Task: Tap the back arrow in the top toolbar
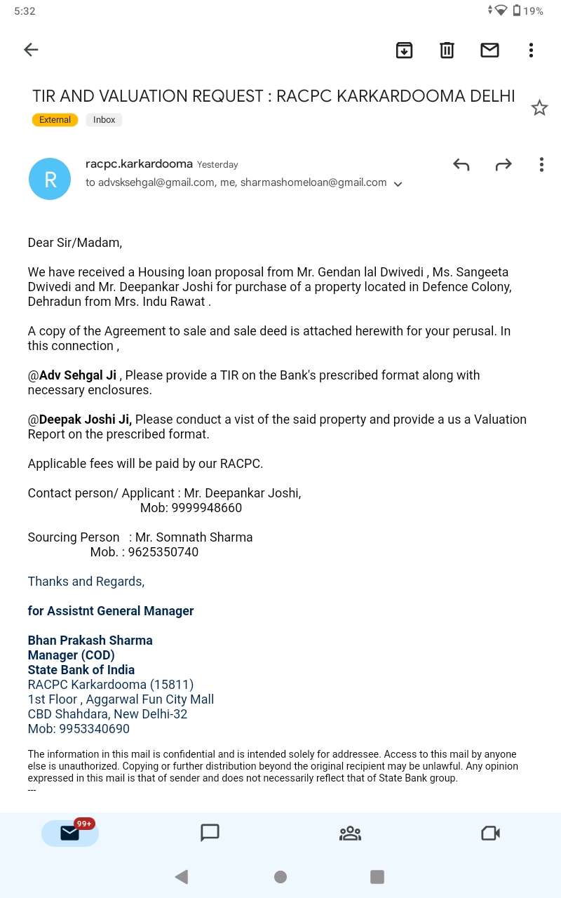pyautogui.click(x=31, y=50)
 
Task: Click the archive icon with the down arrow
pyautogui.click(x=404, y=50)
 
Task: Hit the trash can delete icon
pyautogui.click(x=447, y=50)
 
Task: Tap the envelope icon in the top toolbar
pyautogui.click(x=489, y=50)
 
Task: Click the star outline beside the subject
pyautogui.click(x=539, y=108)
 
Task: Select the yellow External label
pyautogui.click(x=55, y=120)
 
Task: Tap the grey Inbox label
pyautogui.click(x=104, y=120)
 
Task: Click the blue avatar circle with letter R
pyautogui.click(x=50, y=179)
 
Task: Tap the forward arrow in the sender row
pyautogui.click(x=503, y=165)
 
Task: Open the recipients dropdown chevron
pyautogui.click(x=398, y=184)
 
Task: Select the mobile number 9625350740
pyautogui.click(x=163, y=552)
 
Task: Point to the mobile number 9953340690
pyautogui.click(x=95, y=729)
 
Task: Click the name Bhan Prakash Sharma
pyautogui.click(x=90, y=641)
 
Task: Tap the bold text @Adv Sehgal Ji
pyautogui.click(x=72, y=375)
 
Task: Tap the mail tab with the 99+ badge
pyautogui.click(x=70, y=833)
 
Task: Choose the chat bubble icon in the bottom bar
pyautogui.click(x=210, y=833)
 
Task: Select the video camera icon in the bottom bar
pyautogui.click(x=490, y=833)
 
